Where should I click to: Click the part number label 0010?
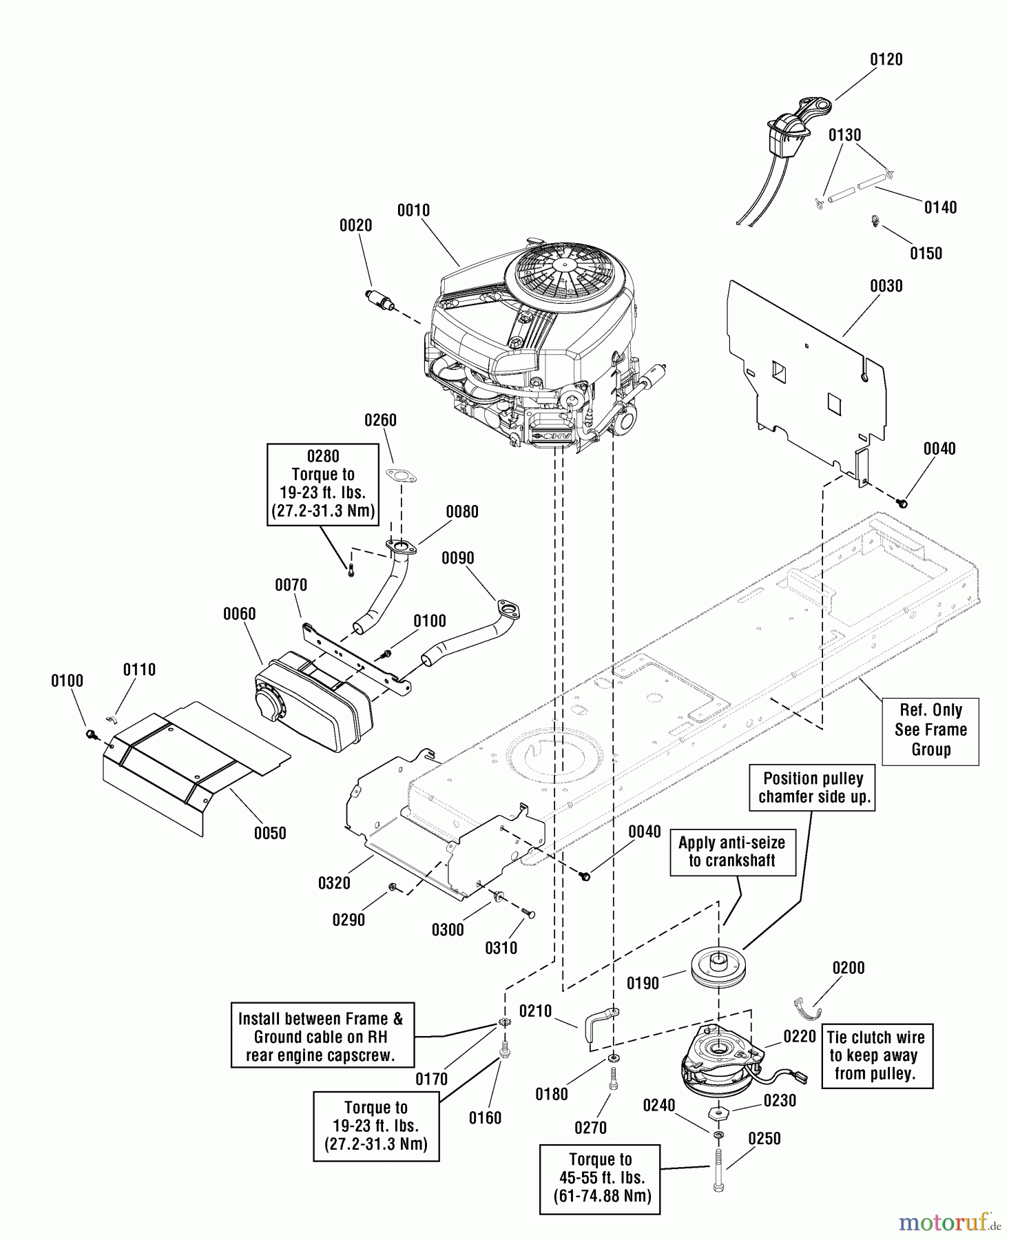tap(413, 211)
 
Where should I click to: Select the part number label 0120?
tap(886, 60)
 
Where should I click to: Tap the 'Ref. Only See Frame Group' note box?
tap(930, 730)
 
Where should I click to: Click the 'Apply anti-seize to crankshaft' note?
tap(731, 851)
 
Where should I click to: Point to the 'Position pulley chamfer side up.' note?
tap(813, 788)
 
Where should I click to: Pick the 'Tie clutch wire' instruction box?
tap(877, 1055)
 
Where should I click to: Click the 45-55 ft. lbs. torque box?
tap(600, 1178)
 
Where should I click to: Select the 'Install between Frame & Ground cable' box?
tap(321, 1037)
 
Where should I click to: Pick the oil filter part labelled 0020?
tap(379, 301)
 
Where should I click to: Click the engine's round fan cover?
tap(567, 276)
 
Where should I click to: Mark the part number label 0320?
tap(334, 883)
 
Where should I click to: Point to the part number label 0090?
tap(457, 558)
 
